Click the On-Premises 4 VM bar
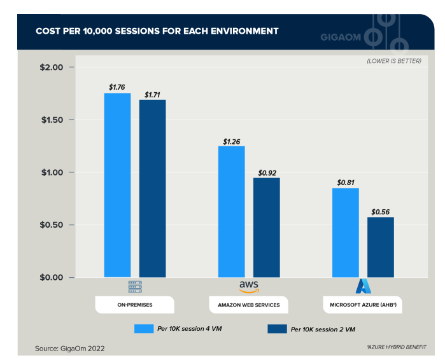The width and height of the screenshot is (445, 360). pyautogui.click(x=117, y=185)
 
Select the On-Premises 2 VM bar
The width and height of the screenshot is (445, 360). pyautogui.click(x=153, y=188)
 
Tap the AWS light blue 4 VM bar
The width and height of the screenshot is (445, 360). pyautogui.click(x=231, y=212)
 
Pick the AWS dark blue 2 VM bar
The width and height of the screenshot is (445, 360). pyautogui.click(x=266, y=228)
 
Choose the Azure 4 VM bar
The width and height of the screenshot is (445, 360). pyautogui.click(x=346, y=233)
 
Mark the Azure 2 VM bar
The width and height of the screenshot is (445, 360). pyautogui.click(x=381, y=247)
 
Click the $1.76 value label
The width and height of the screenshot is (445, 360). pyautogui.click(x=117, y=87)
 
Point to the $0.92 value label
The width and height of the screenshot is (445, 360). pyautogui.click(x=267, y=172)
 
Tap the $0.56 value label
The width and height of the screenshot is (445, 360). pyautogui.click(x=381, y=211)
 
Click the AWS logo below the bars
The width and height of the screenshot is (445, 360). pyautogui.click(x=249, y=286)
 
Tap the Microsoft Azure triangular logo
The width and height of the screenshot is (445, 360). pyautogui.click(x=364, y=286)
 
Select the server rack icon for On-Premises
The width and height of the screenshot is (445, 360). pyautogui.click(x=135, y=286)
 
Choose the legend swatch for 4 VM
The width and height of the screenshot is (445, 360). pyautogui.click(x=145, y=329)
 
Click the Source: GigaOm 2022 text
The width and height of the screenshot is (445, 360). pyautogui.click(x=70, y=348)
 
